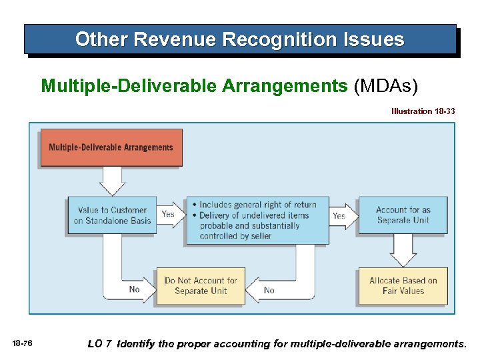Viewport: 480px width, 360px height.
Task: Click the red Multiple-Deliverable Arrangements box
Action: pos(111,147)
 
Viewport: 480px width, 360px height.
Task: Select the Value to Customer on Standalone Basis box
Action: pos(112,215)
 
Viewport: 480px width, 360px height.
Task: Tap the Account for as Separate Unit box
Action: pos(403,215)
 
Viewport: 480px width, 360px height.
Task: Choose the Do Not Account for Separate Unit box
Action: pos(200,286)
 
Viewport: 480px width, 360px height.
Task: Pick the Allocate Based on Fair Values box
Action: pos(403,286)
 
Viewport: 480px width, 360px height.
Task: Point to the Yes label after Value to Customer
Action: pos(168,214)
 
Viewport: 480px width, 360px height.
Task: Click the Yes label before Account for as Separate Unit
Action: pos(339,215)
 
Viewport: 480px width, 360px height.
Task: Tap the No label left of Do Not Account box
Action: pos(134,289)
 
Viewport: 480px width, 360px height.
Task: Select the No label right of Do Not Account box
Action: pos(269,290)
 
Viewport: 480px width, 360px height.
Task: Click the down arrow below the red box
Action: pos(111,181)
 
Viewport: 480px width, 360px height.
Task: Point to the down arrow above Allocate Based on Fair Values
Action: pos(403,251)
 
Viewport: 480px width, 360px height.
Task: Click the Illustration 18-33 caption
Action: pos(423,111)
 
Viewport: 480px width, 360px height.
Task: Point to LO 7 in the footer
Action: pos(100,344)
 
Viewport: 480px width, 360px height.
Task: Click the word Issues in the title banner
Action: pos(373,40)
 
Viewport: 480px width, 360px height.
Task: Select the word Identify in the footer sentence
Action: pos(139,344)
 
